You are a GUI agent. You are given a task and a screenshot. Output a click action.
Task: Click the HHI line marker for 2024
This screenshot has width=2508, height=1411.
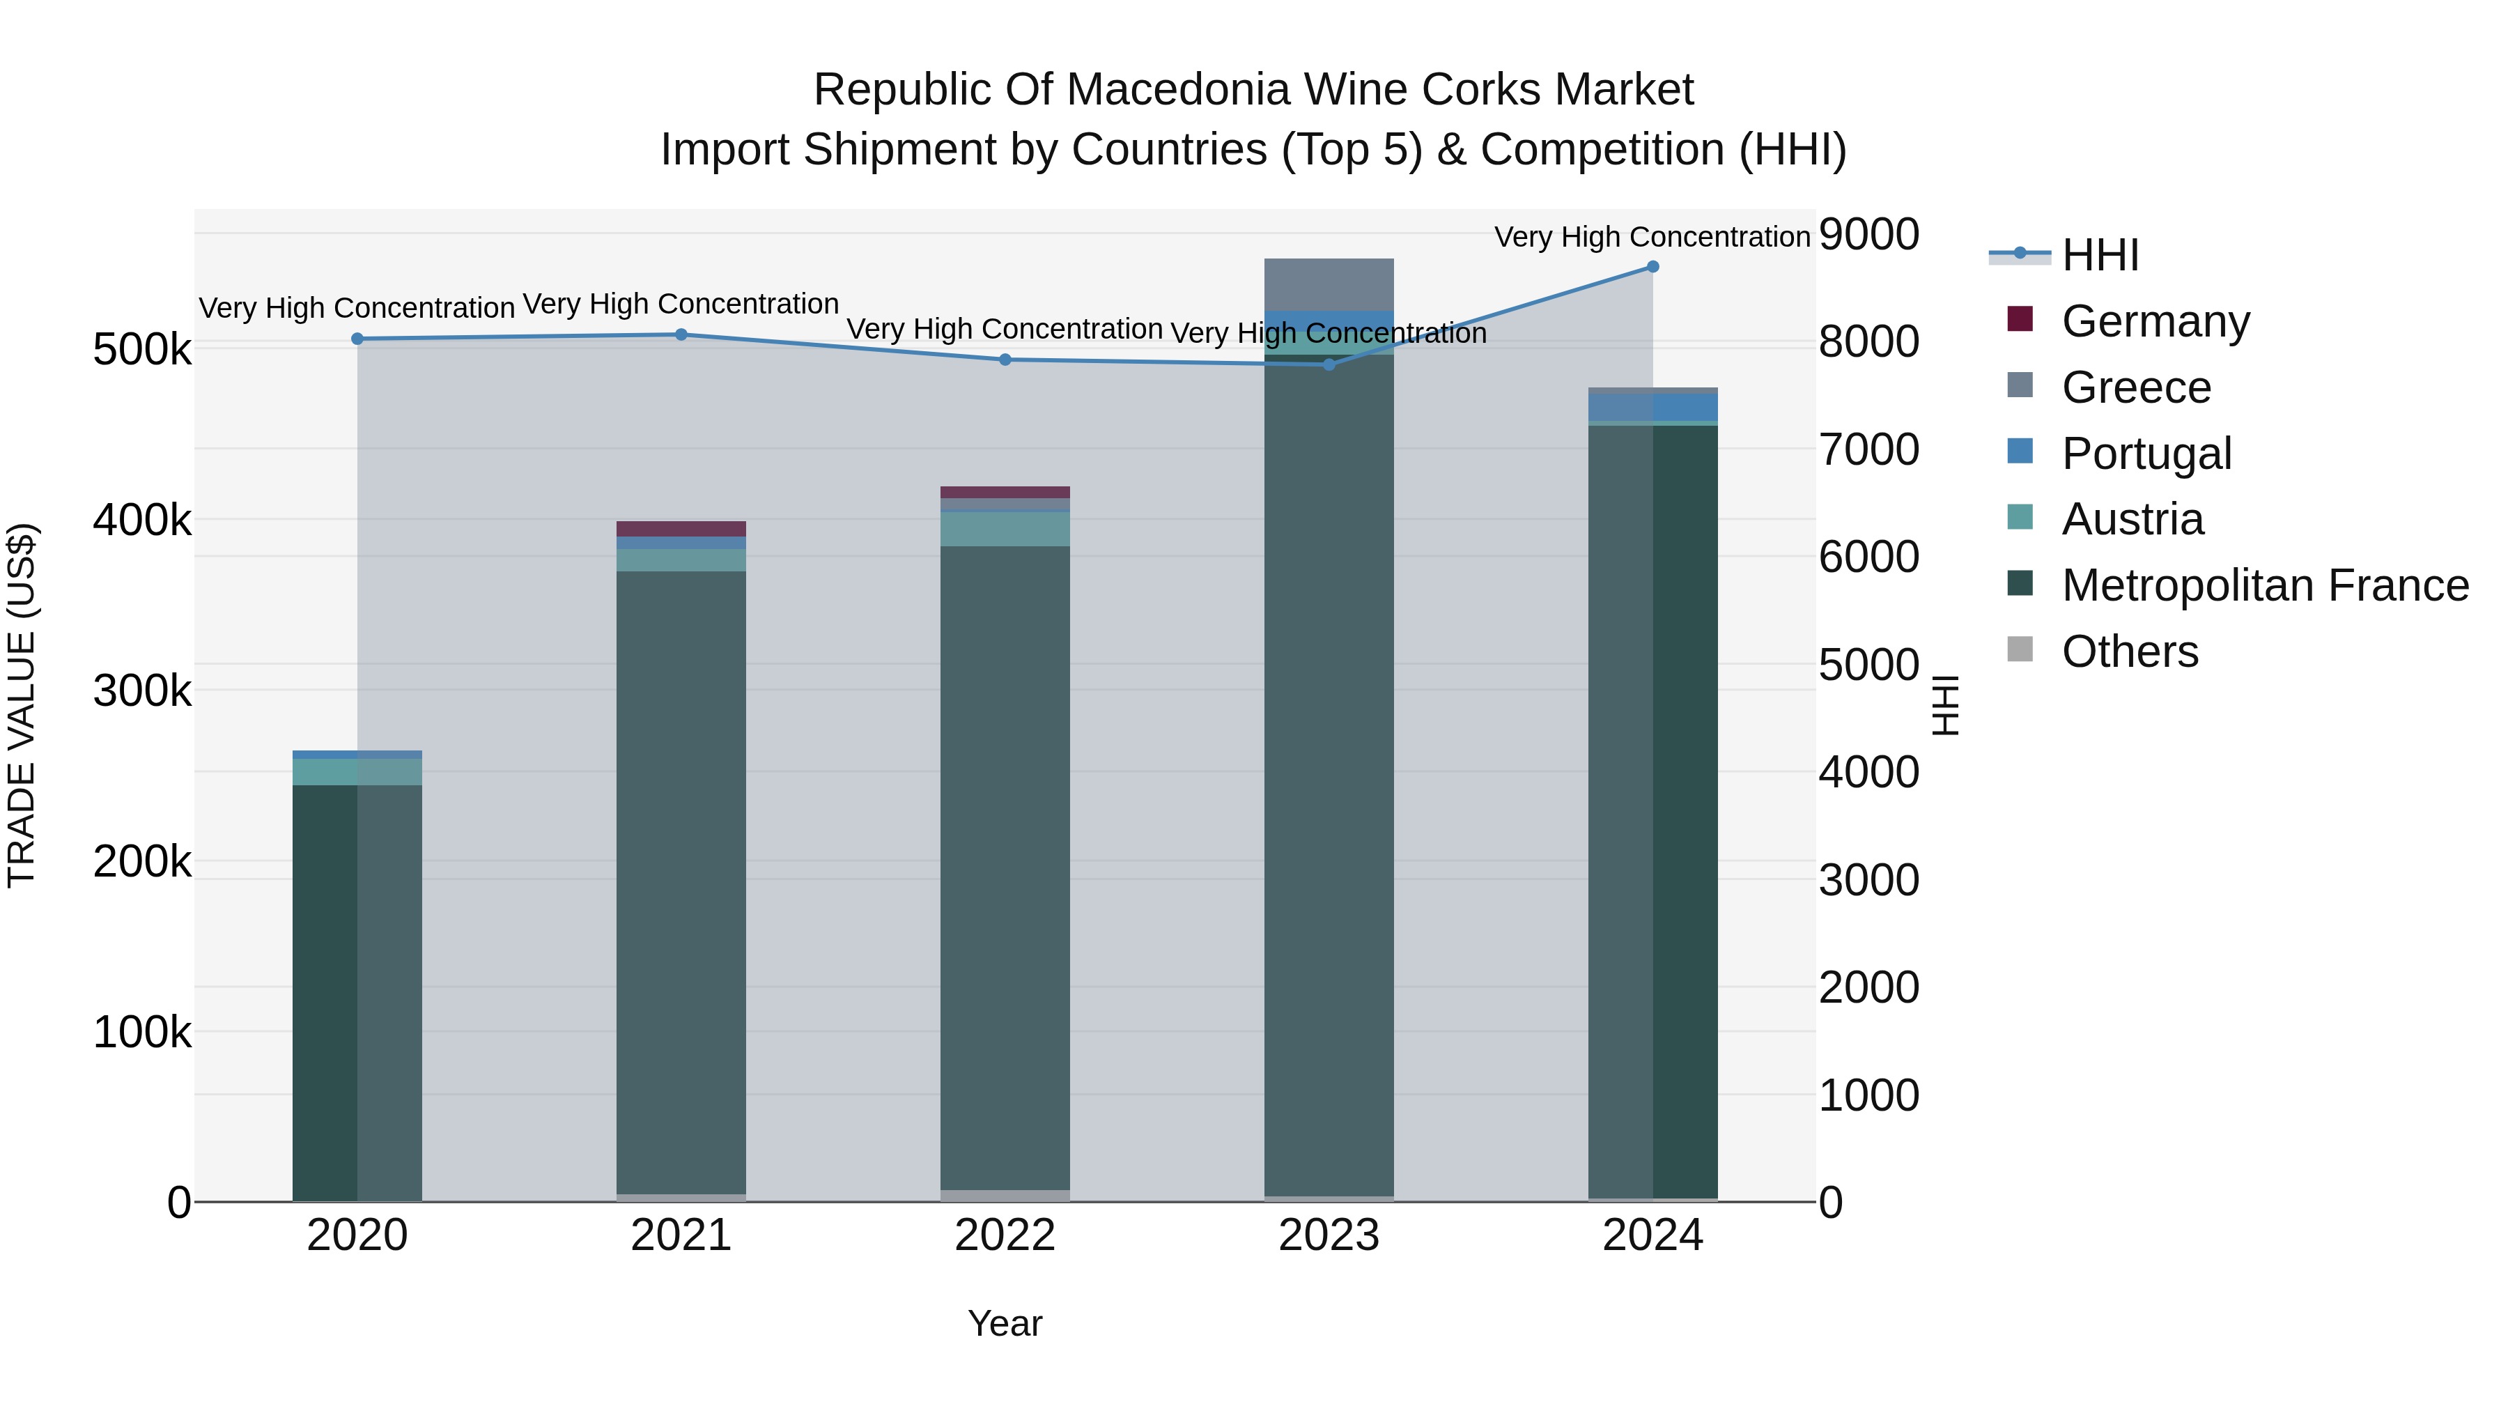pos(1652,267)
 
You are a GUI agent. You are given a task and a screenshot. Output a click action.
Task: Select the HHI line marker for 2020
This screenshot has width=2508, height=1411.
pos(357,339)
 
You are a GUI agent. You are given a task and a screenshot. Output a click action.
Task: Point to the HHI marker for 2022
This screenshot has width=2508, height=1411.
pos(1005,360)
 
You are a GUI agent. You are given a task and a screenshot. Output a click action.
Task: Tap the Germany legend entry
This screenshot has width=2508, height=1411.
pos(2155,321)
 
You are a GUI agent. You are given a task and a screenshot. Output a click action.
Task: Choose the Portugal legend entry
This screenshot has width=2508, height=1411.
pos(2146,453)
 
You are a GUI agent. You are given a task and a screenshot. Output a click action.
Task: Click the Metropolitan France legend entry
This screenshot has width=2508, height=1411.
pos(2265,585)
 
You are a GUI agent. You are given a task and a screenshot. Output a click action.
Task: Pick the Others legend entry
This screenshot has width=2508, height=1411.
pos(2129,651)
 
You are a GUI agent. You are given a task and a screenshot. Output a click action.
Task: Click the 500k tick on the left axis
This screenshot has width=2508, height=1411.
pos(142,350)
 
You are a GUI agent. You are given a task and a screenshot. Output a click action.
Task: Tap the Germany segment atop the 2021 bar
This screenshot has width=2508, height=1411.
pos(681,529)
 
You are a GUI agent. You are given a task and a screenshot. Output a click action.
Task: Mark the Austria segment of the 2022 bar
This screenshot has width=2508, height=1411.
pos(1005,529)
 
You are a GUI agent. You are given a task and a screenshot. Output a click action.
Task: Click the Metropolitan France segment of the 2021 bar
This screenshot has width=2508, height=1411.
pos(681,877)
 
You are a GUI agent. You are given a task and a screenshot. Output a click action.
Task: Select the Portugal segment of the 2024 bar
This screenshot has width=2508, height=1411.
pos(1652,407)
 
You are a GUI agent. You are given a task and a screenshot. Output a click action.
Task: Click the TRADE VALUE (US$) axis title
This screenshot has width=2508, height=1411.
pos(22,705)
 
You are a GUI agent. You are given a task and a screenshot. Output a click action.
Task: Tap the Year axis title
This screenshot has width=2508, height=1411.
pos(1005,1323)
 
